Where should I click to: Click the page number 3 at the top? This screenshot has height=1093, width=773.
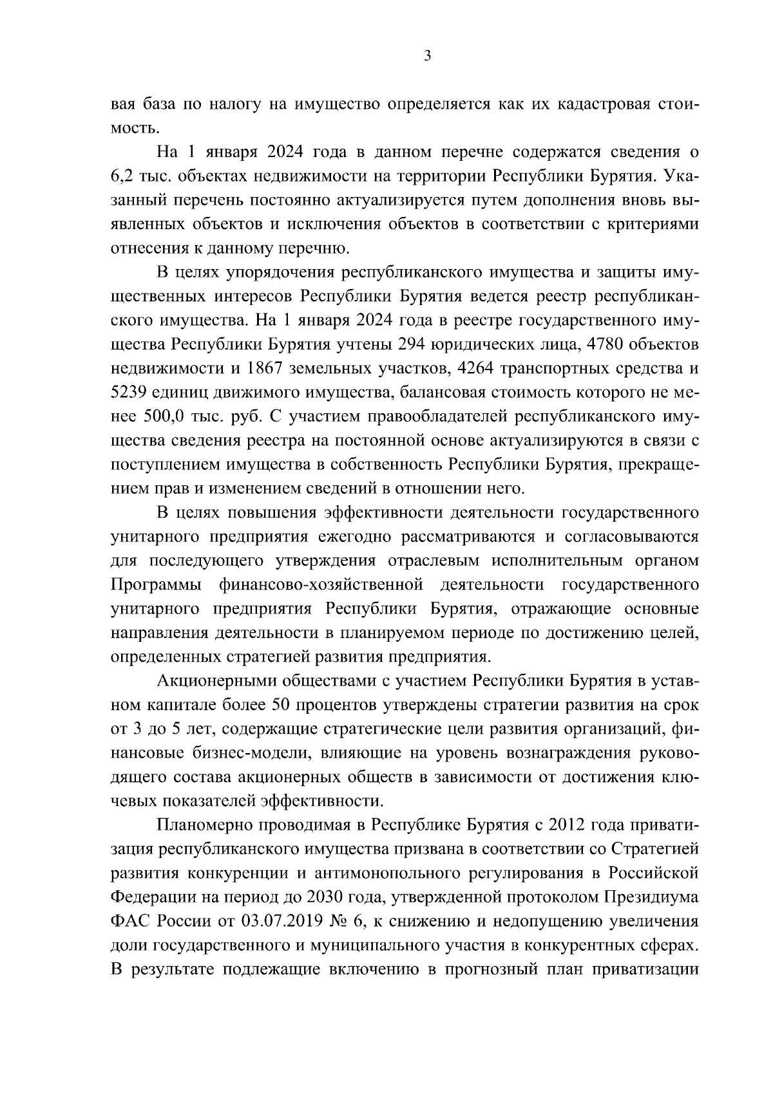coord(428,56)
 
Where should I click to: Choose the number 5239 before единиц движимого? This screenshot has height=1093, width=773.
coord(131,393)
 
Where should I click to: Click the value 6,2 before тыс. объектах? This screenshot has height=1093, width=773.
coord(124,176)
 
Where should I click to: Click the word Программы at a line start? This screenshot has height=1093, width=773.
coord(155,585)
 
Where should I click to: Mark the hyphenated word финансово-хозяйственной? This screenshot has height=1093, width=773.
coord(321,585)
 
